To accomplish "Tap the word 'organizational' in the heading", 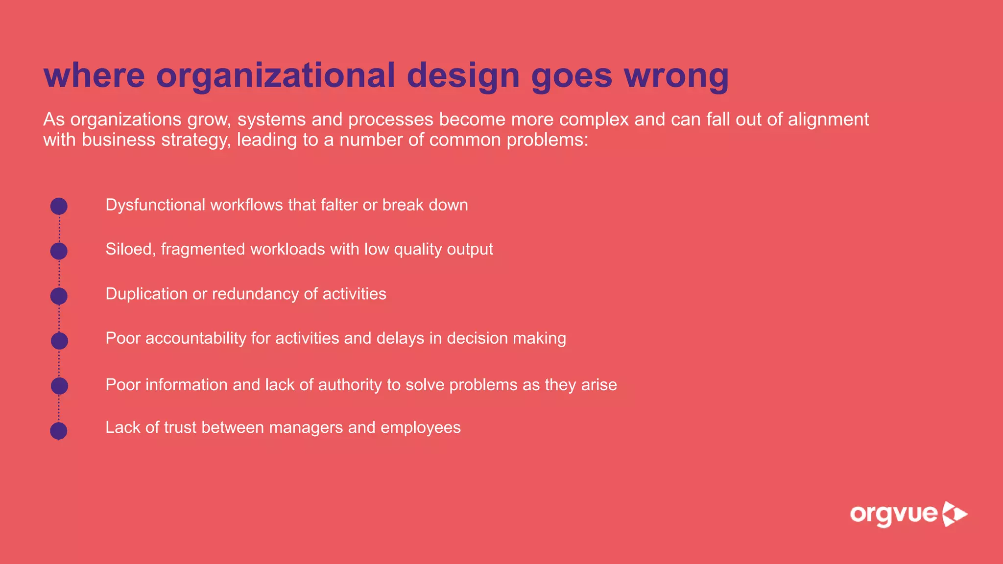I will [x=275, y=76].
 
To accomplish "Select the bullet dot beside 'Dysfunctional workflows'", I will [x=59, y=206].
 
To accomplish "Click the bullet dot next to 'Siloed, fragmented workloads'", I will [x=59, y=251].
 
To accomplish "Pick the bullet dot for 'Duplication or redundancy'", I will [x=59, y=296].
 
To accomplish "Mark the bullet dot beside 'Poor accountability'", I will [x=59, y=341].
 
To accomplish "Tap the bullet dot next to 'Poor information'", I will [x=59, y=386].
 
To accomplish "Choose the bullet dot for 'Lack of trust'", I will [x=59, y=431].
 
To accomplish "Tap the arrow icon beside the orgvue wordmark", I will [x=955, y=514].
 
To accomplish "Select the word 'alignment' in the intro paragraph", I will [x=828, y=119].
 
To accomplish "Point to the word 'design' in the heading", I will [x=463, y=76].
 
